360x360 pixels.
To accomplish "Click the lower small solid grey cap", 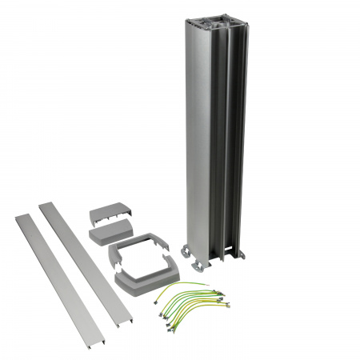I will [x=110, y=234].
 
